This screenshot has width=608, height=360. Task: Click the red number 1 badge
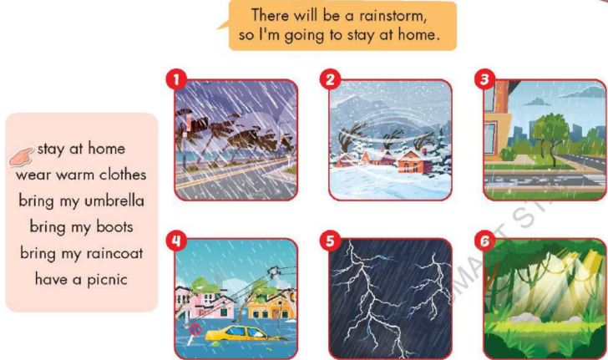click(175, 80)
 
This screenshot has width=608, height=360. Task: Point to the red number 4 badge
click(175, 241)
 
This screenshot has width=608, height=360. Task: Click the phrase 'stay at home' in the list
click(81, 149)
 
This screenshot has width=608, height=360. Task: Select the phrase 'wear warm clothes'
click(81, 175)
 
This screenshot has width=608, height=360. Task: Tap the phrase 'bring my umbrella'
click(81, 200)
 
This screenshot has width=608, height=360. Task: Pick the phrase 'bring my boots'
click(81, 226)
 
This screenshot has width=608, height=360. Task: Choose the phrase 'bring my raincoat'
click(81, 252)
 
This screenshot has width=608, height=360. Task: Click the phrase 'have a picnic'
click(81, 278)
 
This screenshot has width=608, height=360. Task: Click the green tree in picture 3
click(549, 133)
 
